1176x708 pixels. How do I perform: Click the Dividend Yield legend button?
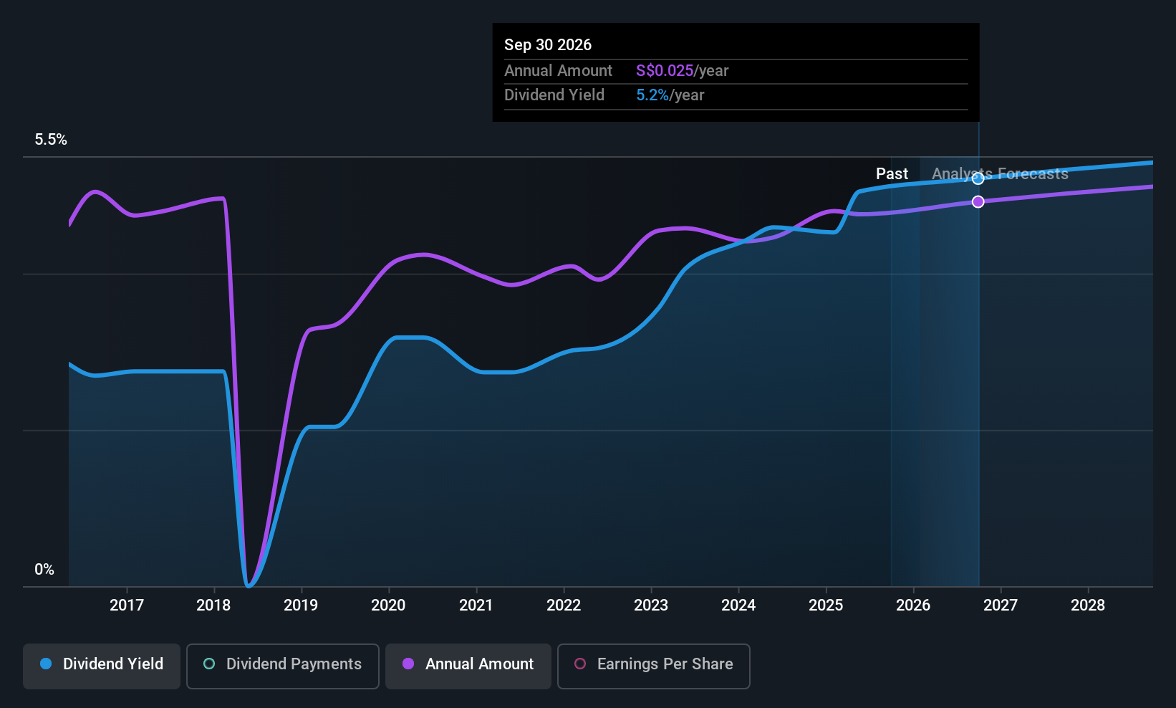[101, 666]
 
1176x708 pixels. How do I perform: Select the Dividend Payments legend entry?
[282, 666]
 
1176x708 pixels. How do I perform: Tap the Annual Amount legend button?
[468, 666]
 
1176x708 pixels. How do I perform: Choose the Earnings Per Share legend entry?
[654, 666]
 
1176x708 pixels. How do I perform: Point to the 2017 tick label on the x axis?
[127, 606]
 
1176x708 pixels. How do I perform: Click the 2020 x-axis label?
[388, 606]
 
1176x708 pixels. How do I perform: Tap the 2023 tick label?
[651, 606]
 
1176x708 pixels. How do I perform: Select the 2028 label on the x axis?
[1088, 606]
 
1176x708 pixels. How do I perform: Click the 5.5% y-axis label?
[51, 140]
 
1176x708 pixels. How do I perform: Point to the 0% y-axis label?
[44, 570]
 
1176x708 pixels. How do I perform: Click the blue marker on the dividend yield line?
[978, 179]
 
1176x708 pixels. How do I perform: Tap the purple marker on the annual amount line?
[978, 201]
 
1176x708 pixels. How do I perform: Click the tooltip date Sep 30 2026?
[548, 45]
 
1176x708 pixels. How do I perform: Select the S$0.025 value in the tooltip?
[665, 70]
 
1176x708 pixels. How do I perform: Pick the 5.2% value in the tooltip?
[652, 95]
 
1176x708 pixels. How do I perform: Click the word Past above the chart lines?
[892, 174]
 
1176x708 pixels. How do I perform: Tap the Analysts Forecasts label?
[1000, 174]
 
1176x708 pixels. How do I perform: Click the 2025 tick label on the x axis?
[826, 606]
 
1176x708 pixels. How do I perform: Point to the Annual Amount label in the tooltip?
[558, 70]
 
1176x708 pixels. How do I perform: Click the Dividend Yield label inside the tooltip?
[554, 95]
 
